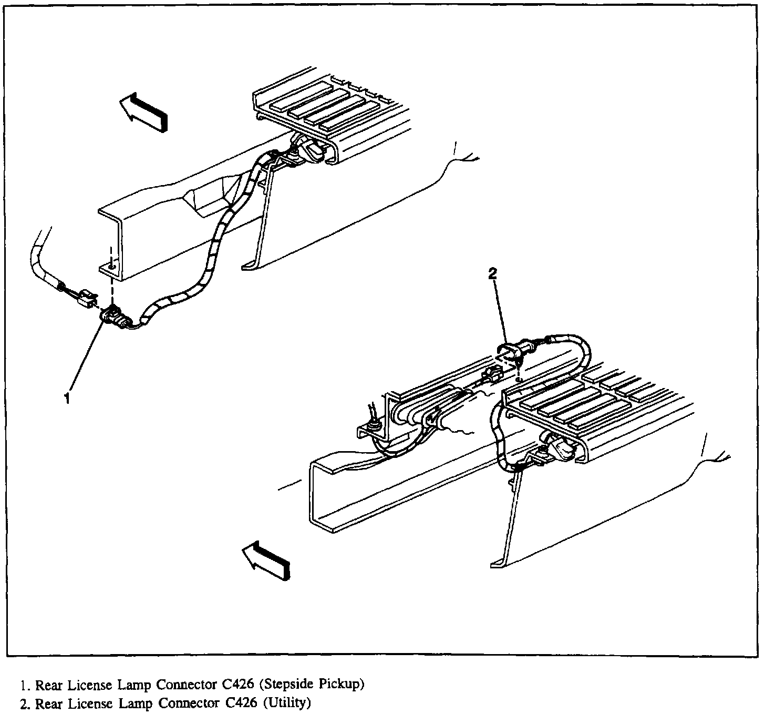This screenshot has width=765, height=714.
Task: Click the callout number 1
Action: tap(67, 399)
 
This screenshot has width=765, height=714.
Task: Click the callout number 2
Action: tap(492, 273)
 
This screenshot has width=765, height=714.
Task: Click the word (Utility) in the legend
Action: tap(286, 702)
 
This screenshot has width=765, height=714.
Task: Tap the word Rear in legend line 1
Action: tap(47, 685)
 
